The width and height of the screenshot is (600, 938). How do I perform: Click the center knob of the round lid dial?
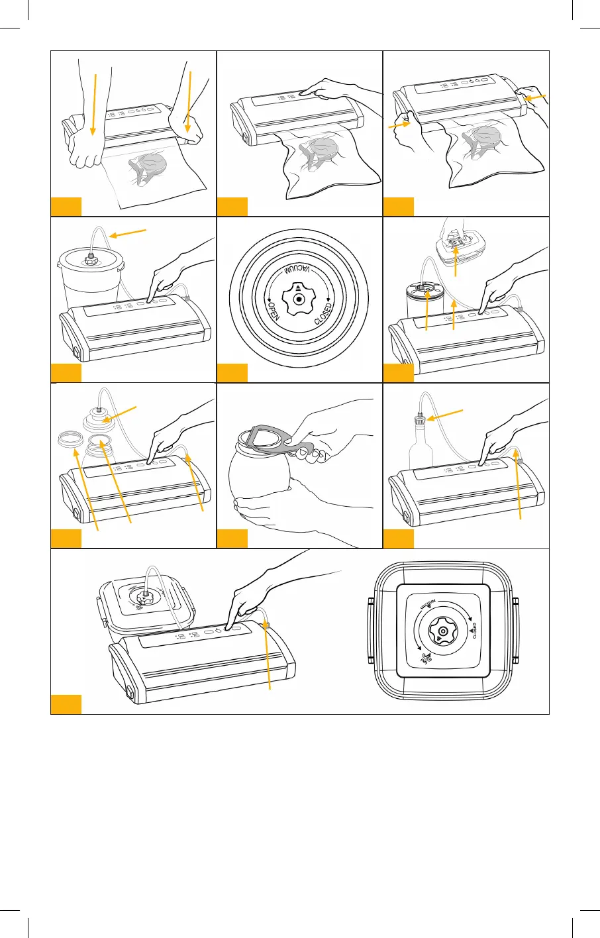pyautogui.click(x=300, y=299)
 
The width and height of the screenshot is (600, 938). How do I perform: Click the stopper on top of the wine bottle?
pyautogui.click(x=419, y=419)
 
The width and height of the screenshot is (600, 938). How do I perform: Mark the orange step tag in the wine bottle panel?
pyautogui.click(x=399, y=539)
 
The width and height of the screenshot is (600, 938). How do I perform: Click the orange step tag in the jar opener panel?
pyautogui.click(x=232, y=539)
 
